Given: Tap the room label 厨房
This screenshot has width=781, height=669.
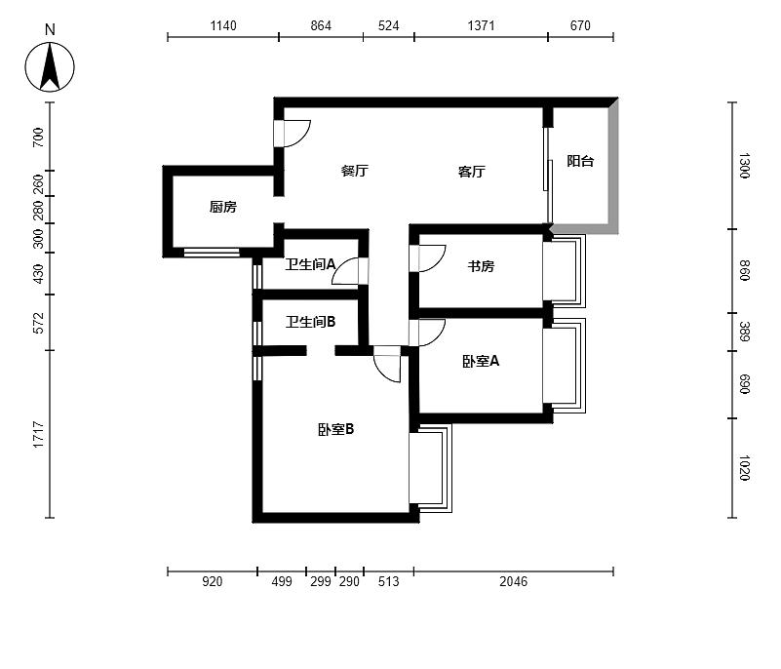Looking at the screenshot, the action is (x=222, y=207).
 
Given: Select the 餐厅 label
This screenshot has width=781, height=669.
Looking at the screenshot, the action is (x=355, y=171).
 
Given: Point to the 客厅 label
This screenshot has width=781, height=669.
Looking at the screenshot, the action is (x=471, y=172).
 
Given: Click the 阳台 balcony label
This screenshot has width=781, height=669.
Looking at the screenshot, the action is (x=580, y=161).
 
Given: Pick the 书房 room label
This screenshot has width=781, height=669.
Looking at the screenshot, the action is (x=481, y=266).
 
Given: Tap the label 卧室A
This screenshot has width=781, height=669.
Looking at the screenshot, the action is (x=481, y=361).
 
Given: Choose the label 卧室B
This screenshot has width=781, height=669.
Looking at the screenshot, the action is (x=335, y=429).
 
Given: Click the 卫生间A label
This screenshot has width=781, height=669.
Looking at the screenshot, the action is (x=310, y=264).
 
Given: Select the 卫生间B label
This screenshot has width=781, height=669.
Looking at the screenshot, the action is (x=310, y=322).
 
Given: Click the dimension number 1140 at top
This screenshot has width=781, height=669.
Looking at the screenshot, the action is (x=223, y=25).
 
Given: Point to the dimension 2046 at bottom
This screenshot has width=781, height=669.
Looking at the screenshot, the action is (x=514, y=581).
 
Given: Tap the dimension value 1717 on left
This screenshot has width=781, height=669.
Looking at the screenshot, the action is (x=38, y=434).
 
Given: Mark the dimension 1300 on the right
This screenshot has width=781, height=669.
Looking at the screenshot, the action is (x=744, y=166).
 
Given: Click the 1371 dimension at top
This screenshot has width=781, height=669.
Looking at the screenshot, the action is (x=481, y=25).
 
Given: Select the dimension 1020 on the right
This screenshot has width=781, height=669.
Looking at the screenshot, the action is (x=744, y=468).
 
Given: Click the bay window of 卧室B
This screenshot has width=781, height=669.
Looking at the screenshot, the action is (x=431, y=468).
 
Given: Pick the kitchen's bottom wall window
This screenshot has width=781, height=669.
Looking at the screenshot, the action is (x=212, y=253).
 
